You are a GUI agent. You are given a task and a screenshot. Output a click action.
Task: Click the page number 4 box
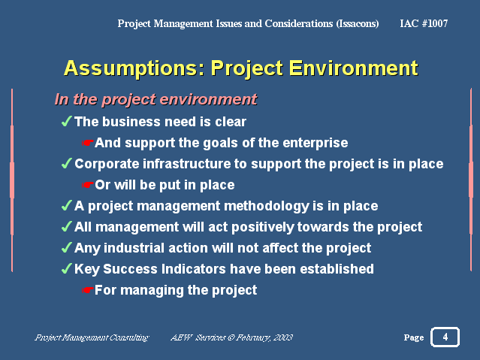click(445, 337)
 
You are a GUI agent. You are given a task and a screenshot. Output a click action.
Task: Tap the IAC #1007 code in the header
click(424, 23)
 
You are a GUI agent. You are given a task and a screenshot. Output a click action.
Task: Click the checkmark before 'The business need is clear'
click(66, 122)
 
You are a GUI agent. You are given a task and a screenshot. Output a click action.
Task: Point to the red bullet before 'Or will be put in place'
click(88, 185)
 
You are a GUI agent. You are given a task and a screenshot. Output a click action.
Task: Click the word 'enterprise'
click(318, 143)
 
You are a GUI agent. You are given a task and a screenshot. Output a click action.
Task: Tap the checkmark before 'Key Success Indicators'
click(66, 269)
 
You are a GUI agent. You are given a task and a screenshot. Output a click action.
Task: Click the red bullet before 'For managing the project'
click(88, 290)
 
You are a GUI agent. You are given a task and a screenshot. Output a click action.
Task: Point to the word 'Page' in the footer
click(413, 337)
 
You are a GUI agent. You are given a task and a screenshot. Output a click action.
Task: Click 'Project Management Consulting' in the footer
click(92, 337)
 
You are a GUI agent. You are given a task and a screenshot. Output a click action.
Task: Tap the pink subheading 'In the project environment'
click(155, 99)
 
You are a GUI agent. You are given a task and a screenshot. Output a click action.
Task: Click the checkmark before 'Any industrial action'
click(66, 248)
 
